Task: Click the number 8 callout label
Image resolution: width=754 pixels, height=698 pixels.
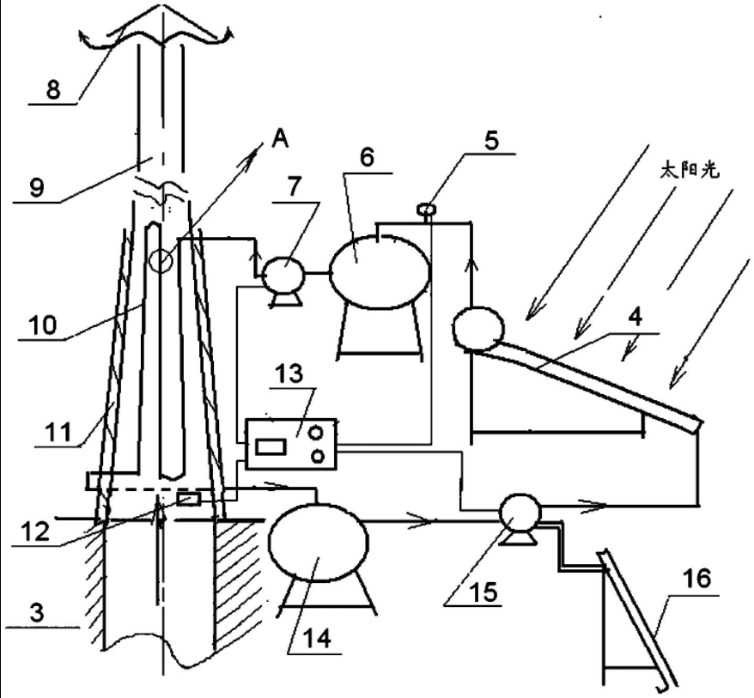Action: click(x=53, y=89)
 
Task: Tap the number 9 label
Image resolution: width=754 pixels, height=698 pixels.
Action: click(x=37, y=187)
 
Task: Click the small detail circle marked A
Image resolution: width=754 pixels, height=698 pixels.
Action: click(x=161, y=261)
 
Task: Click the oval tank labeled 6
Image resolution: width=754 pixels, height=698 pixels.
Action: click(x=379, y=272)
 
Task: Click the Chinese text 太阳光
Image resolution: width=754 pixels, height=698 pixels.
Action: click(x=689, y=171)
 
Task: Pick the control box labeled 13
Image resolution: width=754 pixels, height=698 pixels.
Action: click(x=291, y=443)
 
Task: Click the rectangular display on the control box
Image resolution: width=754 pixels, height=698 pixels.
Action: click(x=271, y=446)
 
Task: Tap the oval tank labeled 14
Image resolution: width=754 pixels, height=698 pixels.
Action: click(x=319, y=541)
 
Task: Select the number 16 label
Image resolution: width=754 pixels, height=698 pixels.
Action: click(x=697, y=579)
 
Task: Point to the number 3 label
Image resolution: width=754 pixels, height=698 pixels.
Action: click(x=37, y=613)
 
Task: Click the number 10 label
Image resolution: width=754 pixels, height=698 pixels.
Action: click(x=43, y=325)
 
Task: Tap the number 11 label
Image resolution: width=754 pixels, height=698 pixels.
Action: click(x=59, y=433)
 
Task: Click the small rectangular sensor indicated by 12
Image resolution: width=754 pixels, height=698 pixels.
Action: click(x=189, y=499)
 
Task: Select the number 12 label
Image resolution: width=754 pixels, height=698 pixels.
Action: click(x=35, y=531)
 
